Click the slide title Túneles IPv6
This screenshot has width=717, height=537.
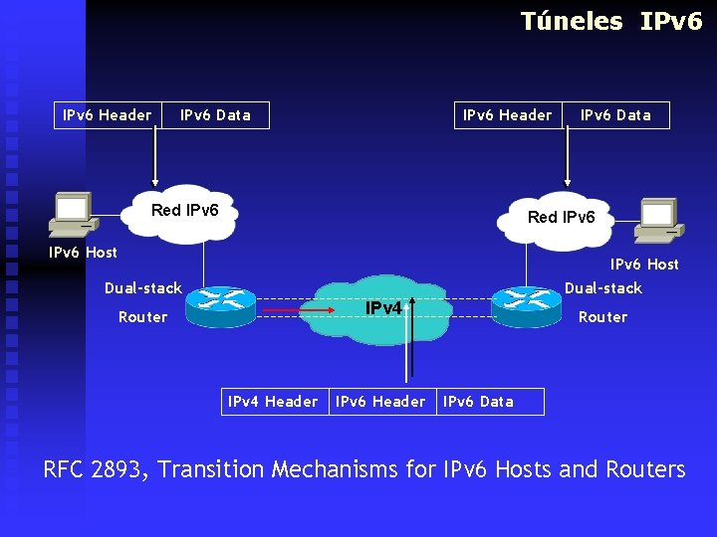point(610,21)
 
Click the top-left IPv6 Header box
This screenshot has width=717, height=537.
point(108,115)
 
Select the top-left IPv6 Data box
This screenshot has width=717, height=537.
point(215,115)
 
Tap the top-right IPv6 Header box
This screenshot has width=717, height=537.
point(507,115)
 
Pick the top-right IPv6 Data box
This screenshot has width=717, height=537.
point(615,115)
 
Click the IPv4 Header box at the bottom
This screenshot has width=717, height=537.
point(273,402)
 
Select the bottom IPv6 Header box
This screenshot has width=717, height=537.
point(380,402)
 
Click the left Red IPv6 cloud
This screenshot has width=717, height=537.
point(184,212)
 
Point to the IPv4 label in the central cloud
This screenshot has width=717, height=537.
point(383,308)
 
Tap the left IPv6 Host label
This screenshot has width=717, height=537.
point(83,253)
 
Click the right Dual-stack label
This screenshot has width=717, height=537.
point(603,288)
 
